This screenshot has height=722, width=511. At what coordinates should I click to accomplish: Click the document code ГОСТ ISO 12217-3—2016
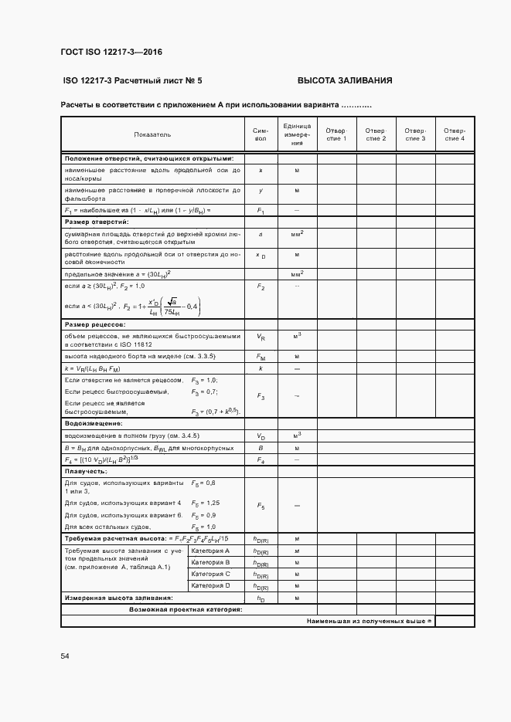pos(111,53)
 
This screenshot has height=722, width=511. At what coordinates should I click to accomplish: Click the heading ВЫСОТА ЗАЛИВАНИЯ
pos(345,80)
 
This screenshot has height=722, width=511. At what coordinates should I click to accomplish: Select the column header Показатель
pos(152,134)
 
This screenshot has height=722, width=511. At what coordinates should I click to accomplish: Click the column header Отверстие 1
pos(336,134)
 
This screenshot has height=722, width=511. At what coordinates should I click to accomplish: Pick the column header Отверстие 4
pos(455,134)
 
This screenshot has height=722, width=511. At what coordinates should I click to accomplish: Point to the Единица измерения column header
pos(297,134)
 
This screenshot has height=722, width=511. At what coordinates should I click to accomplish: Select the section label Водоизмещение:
pos(94,424)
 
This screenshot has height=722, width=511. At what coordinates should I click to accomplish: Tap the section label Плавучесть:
pos(86,470)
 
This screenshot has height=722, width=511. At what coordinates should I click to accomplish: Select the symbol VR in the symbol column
pos(261,337)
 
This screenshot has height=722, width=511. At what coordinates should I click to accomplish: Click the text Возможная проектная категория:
pos(186,609)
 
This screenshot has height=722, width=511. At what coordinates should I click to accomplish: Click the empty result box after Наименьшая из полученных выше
pos(455,621)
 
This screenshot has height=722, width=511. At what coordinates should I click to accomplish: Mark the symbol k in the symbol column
pos(261,369)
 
